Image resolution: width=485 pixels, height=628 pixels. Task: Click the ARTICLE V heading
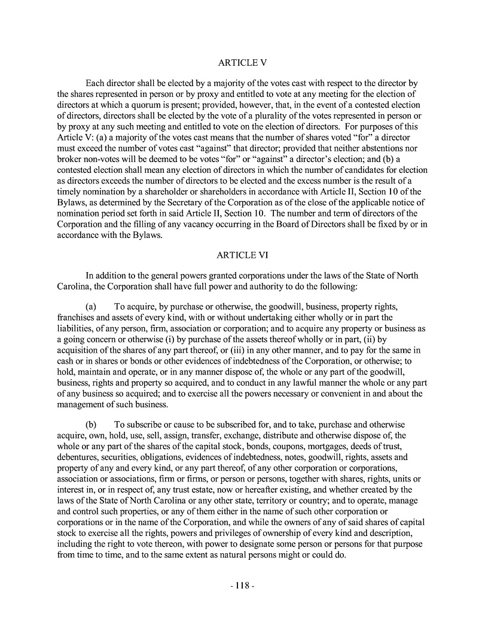[x=242, y=63]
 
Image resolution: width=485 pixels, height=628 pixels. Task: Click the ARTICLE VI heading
[x=242, y=255]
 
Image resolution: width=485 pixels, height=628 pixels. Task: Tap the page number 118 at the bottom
[x=242, y=586]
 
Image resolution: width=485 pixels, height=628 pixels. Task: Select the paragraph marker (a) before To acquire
[x=93, y=306]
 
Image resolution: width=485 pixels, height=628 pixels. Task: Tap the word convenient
[x=319, y=394]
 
